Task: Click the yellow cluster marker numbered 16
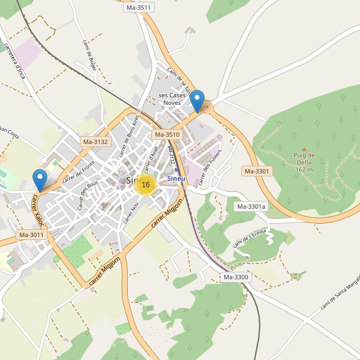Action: click(145, 184)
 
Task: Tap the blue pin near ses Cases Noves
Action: click(196, 101)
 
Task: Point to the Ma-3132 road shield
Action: click(95, 142)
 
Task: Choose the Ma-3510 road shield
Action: click(166, 135)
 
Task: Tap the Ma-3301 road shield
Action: click(257, 171)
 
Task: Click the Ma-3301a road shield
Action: click(251, 207)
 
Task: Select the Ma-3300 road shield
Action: click(236, 277)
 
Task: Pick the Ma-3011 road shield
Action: click(31, 235)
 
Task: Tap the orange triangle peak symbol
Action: click(304, 149)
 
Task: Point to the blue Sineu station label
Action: click(176, 179)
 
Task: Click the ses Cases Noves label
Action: click(172, 99)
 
